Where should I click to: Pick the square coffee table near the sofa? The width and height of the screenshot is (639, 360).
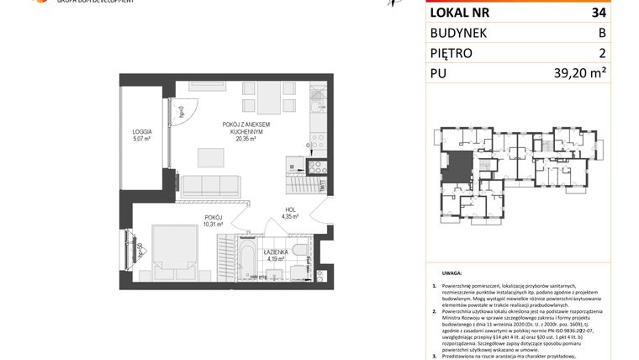click(211, 156)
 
